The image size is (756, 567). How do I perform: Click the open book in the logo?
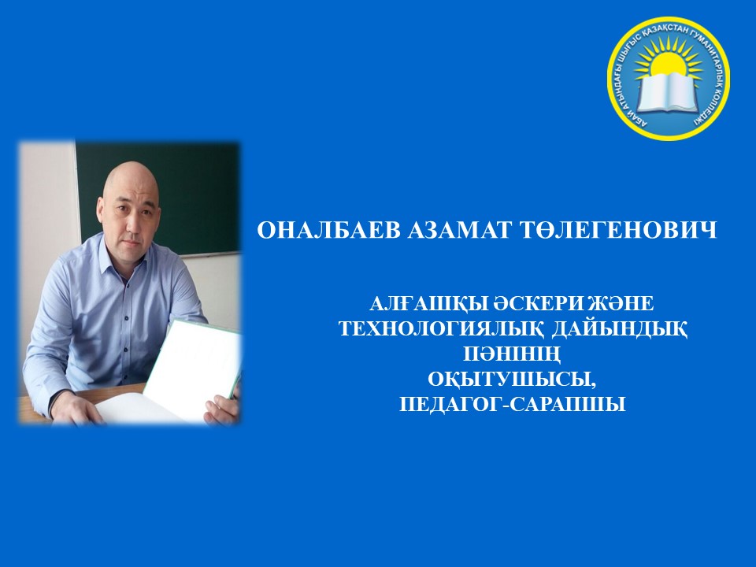pyautogui.click(x=669, y=93)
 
